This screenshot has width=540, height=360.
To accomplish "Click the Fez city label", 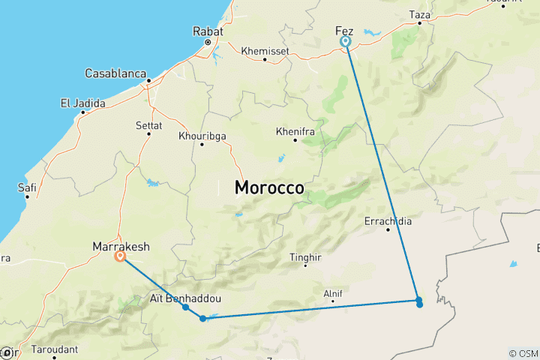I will click(344, 30).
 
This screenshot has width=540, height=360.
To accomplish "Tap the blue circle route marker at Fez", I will click(346, 42).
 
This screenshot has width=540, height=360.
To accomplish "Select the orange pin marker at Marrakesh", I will click(120, 256).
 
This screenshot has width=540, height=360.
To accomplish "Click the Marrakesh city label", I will click(121, 246).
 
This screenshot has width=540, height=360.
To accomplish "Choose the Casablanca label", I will click(121, 74).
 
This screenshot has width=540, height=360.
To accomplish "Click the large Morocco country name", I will click(269, 188).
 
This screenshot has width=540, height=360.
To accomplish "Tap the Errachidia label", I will click(388, 221).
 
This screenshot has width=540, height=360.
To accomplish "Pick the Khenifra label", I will click(295, 130).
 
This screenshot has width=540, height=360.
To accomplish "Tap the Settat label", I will click(148, 124).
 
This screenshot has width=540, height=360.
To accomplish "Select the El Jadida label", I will click(82, 103).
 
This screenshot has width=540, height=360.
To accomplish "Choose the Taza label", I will click(420, 14).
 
